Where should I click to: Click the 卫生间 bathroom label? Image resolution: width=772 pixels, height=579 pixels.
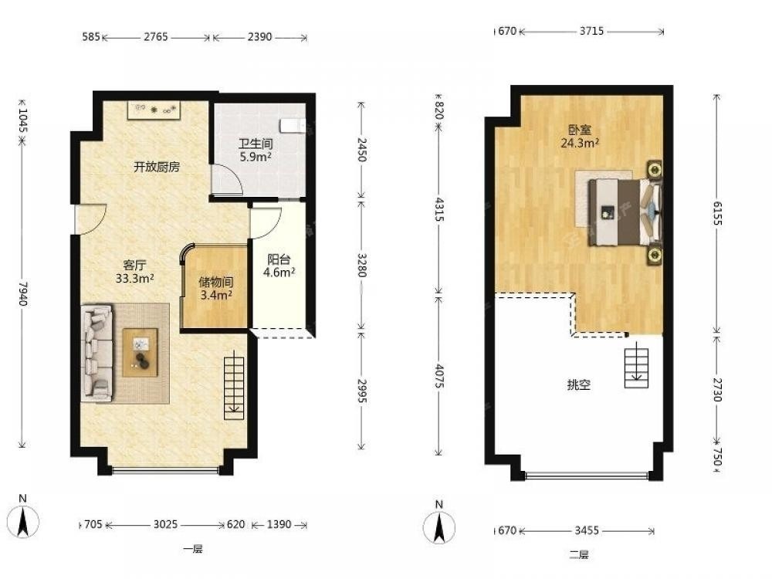pos(256,144)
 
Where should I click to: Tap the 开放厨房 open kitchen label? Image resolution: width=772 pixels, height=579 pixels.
pos(157,167)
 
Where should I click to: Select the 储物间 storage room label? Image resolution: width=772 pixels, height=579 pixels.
pos(215,282)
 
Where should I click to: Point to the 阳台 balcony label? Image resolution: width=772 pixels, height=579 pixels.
pos(279,259)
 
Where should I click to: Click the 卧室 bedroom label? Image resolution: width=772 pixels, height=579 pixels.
pos(580,130)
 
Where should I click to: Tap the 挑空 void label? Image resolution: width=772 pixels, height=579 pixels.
pos(578,384)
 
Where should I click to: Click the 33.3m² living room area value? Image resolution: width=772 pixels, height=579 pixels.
pos(134,279)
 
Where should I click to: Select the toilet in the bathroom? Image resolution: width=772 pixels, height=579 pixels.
pos(293,126)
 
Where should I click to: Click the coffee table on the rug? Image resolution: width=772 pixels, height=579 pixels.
pos(141,353)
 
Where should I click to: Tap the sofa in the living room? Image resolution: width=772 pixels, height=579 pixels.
pos(97,353)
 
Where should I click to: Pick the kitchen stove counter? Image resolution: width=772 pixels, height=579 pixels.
pos(154,110)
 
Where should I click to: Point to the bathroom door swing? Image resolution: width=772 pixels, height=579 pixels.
pos(226,179)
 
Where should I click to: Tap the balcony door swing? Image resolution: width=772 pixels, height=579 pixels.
pos(266,223)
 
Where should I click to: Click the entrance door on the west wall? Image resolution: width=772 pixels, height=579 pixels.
pos(90,219)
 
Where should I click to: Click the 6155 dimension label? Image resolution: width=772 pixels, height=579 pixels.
pos(717,213)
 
